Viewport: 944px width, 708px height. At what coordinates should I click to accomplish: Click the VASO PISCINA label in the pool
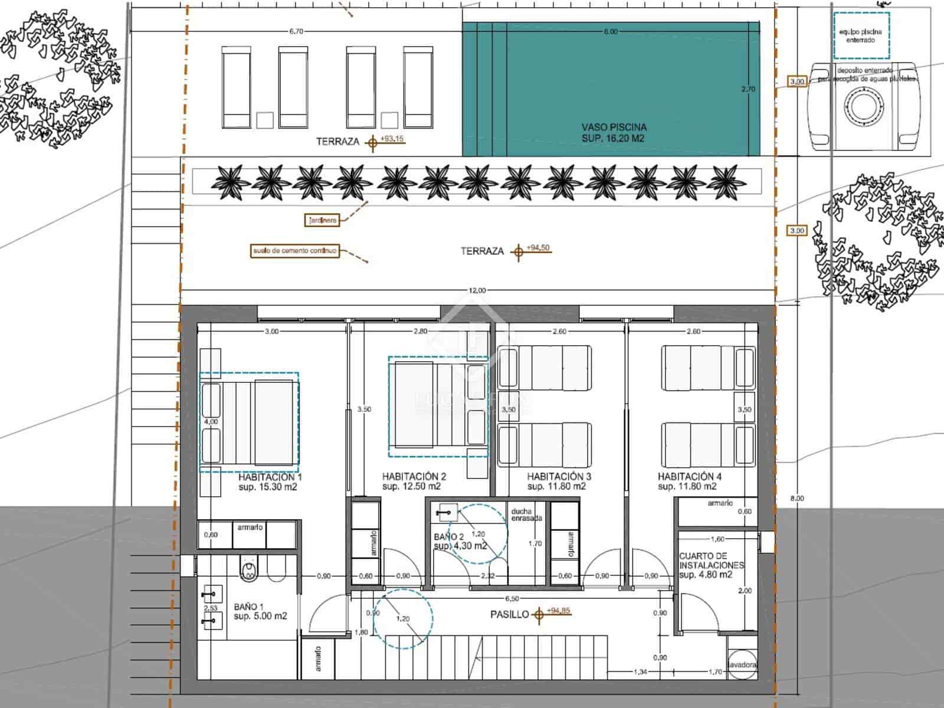click(614, 127)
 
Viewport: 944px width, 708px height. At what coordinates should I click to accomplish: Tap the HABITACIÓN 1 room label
click(270, 477)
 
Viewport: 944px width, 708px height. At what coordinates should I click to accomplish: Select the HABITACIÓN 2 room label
click(414, 477)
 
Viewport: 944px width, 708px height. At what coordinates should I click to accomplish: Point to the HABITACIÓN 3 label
click(559, 477)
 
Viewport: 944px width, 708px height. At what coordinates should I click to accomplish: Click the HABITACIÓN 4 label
click(689, 477)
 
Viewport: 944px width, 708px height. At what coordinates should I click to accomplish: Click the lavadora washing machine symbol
click(742, 664)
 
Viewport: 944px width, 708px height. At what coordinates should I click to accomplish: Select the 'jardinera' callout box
click(322, 221)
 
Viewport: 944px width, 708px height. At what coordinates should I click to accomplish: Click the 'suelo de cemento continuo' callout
click(295, 251)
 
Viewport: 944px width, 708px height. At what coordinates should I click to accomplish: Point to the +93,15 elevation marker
click(392, 139)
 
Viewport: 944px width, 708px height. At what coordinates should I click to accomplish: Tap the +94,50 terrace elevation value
click(538, 248)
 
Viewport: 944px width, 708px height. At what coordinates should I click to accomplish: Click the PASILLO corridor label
click(510, 615)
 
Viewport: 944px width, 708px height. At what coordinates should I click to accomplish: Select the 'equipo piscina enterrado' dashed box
click(860, 36)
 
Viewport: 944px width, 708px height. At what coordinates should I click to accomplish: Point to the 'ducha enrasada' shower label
click(526, 514)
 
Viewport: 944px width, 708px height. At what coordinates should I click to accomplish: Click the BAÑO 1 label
click(248, 607)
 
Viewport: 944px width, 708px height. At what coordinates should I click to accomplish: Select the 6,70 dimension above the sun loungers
click(296, 32)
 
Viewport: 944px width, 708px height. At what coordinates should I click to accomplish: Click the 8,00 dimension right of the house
click(796, 499)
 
